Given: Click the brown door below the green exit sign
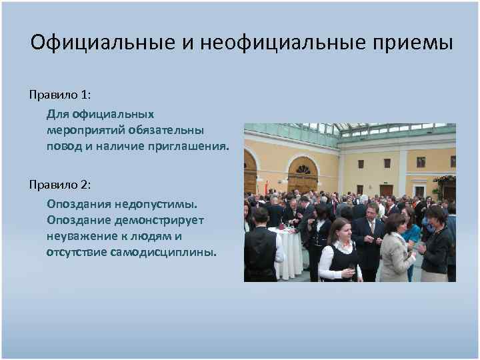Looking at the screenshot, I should click(386, 190).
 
